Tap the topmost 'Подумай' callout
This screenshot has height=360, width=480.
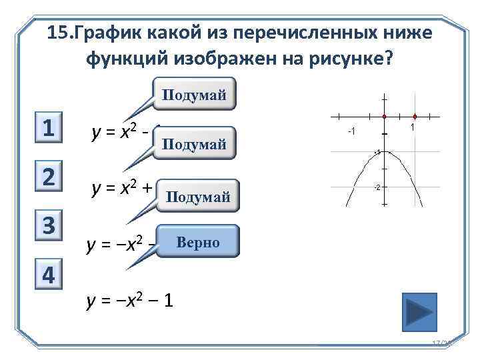195,95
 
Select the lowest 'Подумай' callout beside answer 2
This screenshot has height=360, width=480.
198,195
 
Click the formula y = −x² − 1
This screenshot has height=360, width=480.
131,301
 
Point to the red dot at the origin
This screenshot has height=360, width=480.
385,115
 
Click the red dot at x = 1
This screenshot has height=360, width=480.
415,115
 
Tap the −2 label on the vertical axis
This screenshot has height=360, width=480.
377,188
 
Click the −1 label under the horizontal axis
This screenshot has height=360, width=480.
351,131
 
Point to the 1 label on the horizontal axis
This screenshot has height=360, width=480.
413,127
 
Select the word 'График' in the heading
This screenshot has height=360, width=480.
111,33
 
